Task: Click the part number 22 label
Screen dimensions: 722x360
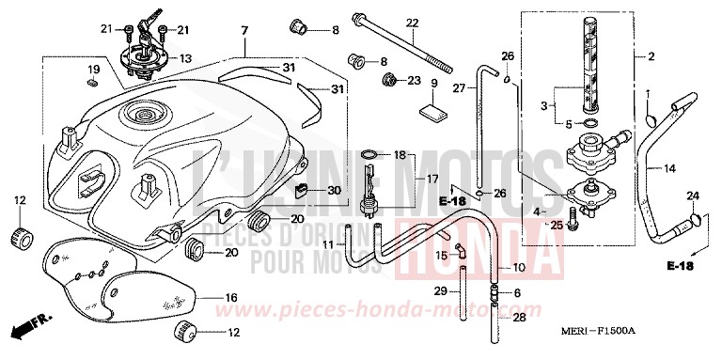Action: coord(411,23)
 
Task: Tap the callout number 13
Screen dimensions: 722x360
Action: coord(185,58)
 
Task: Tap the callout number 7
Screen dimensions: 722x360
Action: coord(243,32)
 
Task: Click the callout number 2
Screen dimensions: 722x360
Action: coord(650,56)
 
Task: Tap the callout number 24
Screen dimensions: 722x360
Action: coord(693,196)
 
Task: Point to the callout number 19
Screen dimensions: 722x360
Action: coord(93,70)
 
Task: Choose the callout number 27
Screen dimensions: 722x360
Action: coord(459,89)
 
